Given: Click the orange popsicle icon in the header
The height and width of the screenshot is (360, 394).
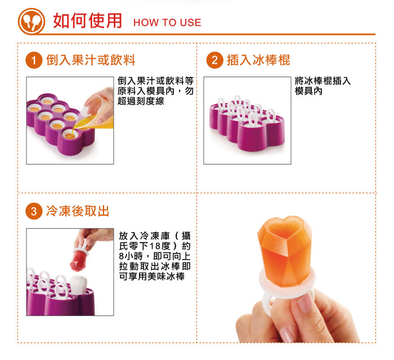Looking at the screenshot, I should click(x=32, y=21).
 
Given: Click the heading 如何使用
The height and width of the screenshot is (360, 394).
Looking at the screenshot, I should click(x=87, y=21).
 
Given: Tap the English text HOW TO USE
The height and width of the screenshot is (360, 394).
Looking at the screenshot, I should click(x=167, y=23).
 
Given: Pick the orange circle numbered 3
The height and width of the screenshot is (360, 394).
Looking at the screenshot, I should click(x=35, y=211).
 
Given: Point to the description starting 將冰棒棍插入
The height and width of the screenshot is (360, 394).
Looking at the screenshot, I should click(x=323, y=86).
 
